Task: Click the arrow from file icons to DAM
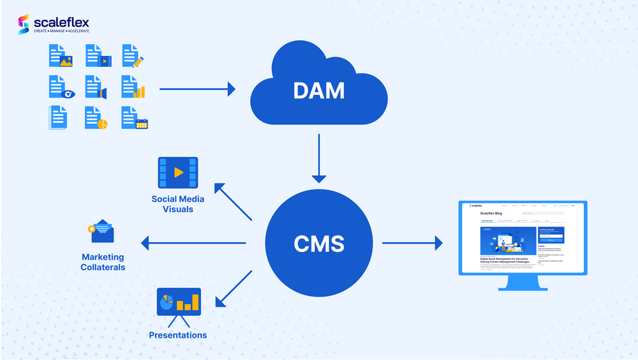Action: tap(197, 89)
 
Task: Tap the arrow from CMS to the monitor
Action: tap(412, 243)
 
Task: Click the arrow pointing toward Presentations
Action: tap(234, 288)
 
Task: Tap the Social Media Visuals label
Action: tap(178, 204)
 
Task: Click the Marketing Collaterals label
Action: tap(103, 262)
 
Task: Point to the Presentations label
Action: tap(178, 335)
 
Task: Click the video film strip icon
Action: tap(178, 172)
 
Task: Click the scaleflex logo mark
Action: tap(24, 24)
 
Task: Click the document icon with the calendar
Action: tap(134, 117)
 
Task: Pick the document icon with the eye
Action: tap(61, 87)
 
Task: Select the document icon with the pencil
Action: tap(133, 56)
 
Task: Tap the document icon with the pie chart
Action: tap(96, 117)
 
